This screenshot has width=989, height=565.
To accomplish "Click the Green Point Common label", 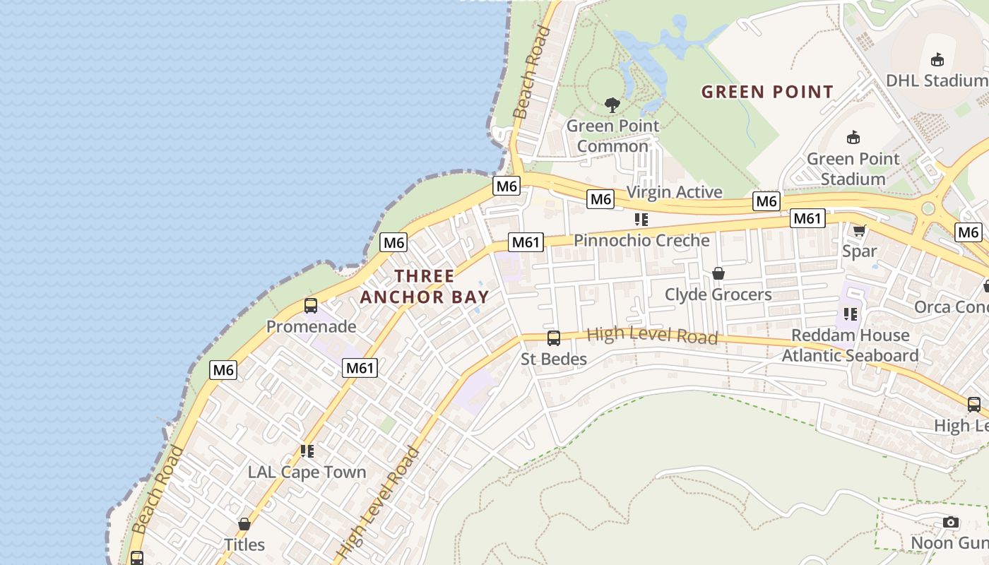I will click(x=612, y=136).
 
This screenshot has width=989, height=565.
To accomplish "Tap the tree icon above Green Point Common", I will click(x=612, y=106).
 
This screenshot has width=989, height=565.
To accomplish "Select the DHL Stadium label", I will click(x=937, y=80).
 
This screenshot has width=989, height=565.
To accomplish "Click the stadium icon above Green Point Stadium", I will click(x=853, y=137).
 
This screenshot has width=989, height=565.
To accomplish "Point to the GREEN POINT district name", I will click(x=767, y=92).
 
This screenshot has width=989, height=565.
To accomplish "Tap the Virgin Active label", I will click(x=674, y=192).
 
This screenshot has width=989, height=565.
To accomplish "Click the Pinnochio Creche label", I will click(x=641, y=240).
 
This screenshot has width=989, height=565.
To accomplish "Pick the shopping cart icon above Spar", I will click(x=860, y=230).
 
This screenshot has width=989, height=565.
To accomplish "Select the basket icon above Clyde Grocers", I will click(x=718, y=273).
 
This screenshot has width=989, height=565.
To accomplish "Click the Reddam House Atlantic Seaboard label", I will click(x=850, y=345).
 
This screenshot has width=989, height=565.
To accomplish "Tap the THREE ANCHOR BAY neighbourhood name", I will click(x=425, y=286).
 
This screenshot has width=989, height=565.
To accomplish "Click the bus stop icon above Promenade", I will click(x=311, y=306).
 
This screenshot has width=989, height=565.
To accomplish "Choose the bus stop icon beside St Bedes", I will click(x=554, y=338).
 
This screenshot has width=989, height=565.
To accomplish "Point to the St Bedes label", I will click(x=554, y=359).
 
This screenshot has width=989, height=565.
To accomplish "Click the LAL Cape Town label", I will click(x=307, y=472).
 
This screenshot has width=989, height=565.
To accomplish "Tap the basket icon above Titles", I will click(x=244, y=524).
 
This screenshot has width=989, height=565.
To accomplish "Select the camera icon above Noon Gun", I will click(x=951, y=523).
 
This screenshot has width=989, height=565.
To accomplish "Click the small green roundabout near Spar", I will click(x=928, y=208).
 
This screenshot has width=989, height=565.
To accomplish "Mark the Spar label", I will click(x=860, y=251).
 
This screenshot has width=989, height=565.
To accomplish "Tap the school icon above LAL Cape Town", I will click(x=307, y=451).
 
